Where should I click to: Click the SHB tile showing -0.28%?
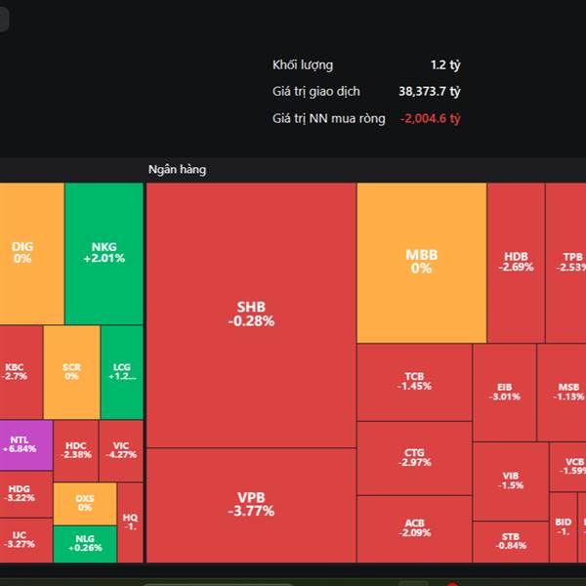[x=251, y=314]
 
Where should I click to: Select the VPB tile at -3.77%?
[x=251, y=504]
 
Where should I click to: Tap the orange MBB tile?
[x=421, y=262]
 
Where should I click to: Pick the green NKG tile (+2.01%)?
[x=104, y=253]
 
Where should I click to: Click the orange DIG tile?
[x=22, y=253]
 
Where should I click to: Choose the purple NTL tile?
[x=21, y=444]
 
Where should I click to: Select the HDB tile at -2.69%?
[x=516, y=260]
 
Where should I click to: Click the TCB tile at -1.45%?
[x=414, y=381]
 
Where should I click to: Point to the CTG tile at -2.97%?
[x=414, y=457]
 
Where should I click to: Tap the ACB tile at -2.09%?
[x=414, y=528]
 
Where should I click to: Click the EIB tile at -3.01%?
[x=504, y=392]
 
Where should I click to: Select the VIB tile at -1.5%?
[x=511, y=481]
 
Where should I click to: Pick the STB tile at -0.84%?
[x=511, y=541]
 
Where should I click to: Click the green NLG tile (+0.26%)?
[x=85, y=543]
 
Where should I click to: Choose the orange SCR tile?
[x=71, y=372]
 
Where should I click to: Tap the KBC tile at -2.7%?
[x=16, y=371]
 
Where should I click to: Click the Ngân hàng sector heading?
[x=177, y=170]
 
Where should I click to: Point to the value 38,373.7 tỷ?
[x=430, y=92]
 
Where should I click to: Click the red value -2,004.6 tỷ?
[x=430, y=118]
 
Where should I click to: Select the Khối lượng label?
[x=303, y=65]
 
